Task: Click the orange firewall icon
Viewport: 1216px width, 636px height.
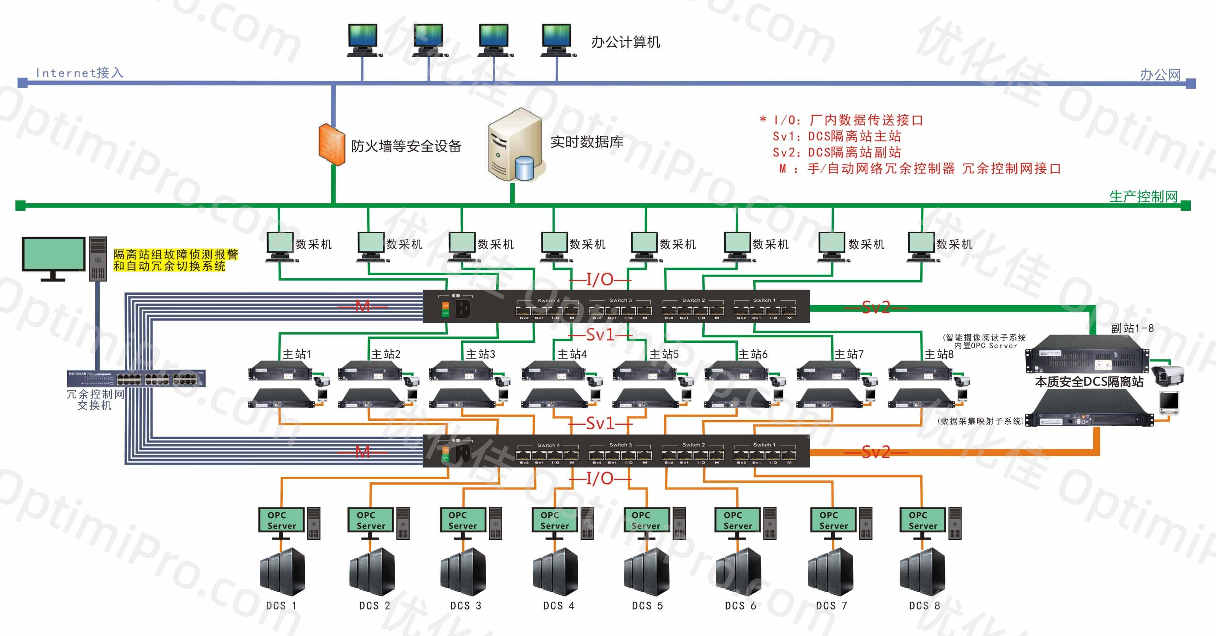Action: [331, 144]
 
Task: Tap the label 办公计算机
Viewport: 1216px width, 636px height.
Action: [626, 43]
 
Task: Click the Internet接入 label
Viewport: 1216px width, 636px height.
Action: [79, 73]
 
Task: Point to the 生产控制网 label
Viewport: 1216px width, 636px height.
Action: [1143, 196]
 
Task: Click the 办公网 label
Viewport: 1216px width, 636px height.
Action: [1160, 74]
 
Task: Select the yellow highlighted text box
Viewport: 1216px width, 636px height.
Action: [175, 260]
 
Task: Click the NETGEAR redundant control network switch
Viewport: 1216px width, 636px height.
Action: [136, 378]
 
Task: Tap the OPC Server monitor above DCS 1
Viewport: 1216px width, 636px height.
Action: [281, 520]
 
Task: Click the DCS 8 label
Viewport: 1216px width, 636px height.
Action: [924, 606]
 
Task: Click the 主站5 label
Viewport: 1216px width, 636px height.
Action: [664, 354]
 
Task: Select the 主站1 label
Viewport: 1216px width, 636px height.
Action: [297, 354]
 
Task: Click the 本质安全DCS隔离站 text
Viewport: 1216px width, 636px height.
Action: [1089, 382]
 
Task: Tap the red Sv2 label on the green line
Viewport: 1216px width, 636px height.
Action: [876, 308]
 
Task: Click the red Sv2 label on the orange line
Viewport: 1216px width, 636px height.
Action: [876, 452]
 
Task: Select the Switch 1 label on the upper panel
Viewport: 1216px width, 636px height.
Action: [764, 300]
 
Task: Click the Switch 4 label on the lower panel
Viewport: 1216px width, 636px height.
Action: [548, 445]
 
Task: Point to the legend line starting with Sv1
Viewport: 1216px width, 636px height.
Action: [837, 136]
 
